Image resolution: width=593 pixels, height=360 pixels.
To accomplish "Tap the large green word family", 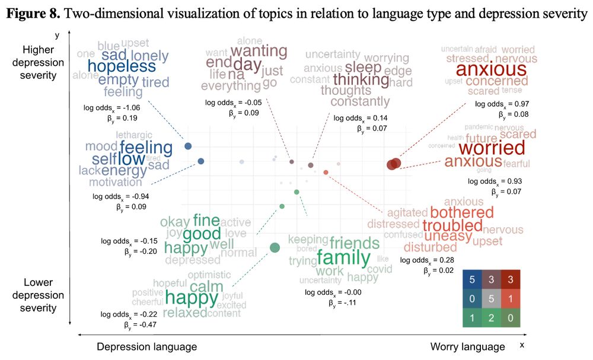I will [x=343, y=258].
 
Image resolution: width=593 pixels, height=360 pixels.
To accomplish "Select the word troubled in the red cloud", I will [x=452, y=226].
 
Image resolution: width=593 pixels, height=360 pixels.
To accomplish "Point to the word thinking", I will [x=361, y=79].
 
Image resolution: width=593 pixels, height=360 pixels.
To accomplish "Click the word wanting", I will [x=259, y=50].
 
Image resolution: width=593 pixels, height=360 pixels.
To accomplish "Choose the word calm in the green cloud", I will [x=207, y=287].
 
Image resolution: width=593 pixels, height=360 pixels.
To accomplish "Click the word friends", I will [x=354, y=243].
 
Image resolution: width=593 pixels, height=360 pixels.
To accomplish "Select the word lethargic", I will [x=134, y=135].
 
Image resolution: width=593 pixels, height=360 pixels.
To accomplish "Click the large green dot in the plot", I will [x=275, y=247].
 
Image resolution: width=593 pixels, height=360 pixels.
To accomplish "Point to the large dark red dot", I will [x=394, y=164].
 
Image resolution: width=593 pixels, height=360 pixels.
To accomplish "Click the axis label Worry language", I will [x=467, y=346].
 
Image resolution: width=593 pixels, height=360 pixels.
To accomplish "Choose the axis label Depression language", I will [x=146, y=346].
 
